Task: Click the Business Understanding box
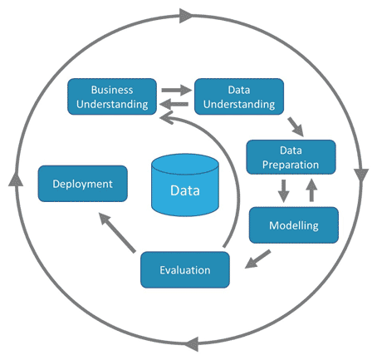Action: [112, 96]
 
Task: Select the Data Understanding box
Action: [239, 96]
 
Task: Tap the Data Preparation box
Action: [291, 157]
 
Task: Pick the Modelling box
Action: [294, 225]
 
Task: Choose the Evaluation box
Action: [185, 269]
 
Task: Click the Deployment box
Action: [83, 184]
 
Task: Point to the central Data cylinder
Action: [185, 185]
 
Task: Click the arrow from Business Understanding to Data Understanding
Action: [177, 90]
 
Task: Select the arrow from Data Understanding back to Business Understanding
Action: [174, 105]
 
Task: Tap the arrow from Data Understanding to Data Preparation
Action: [296, 127]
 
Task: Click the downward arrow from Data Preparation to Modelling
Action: [283, 191]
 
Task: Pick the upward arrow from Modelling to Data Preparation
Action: [311, 190]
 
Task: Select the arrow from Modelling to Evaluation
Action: [257, 259]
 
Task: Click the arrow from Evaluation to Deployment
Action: [117, 233]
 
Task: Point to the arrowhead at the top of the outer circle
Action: [186, 16]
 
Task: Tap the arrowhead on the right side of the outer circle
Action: [361, 175]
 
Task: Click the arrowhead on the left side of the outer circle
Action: [16, 179]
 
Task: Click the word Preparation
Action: [291, 165]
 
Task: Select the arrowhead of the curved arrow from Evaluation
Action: [167, 117]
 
